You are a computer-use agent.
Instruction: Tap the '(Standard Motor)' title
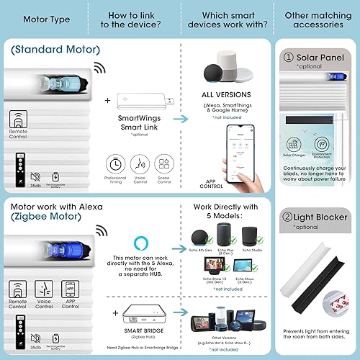tap(56, 50)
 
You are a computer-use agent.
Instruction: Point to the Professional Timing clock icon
tap(115, 162)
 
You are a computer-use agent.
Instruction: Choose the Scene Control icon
tap(163, 162)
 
